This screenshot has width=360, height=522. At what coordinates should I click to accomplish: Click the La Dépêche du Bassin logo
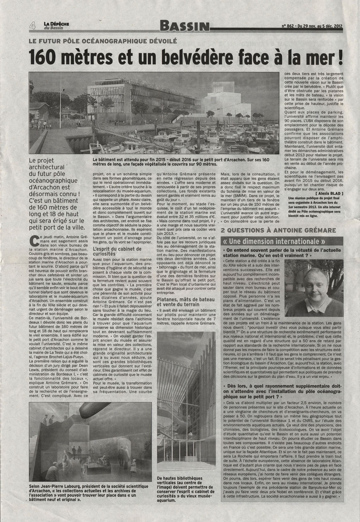[x=55, y=26]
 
